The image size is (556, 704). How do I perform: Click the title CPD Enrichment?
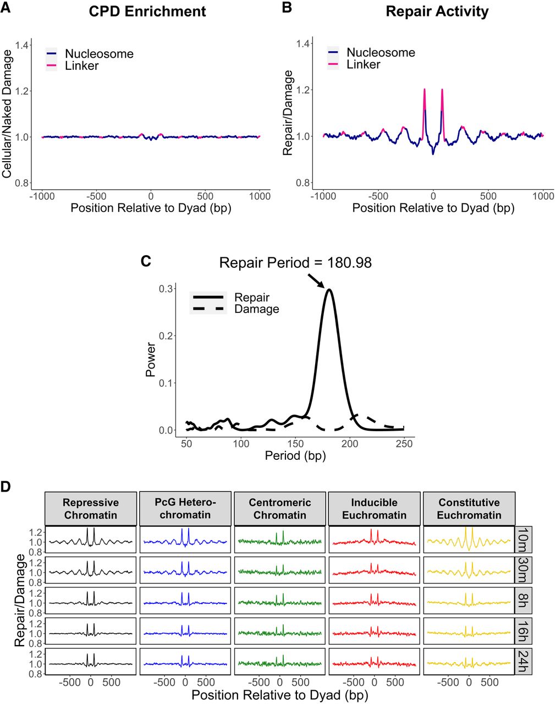point(147,12)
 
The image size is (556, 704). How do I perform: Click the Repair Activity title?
point(437,12)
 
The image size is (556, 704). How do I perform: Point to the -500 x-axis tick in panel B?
point(378,196)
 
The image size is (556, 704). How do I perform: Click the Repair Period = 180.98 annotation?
point(295,263)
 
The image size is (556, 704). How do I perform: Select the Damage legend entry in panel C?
point(256,309)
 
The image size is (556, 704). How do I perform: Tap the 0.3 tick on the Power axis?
point(166,289)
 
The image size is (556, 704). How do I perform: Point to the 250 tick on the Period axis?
point(404,444)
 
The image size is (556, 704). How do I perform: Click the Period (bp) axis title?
point(295,456)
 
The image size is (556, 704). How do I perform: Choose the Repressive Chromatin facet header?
point(91,509)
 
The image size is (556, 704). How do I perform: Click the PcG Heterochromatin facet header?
point(185,509)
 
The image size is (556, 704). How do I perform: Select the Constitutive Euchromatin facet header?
point(469,509)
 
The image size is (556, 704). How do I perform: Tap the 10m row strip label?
point(523,541)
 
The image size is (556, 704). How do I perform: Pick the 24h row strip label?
point(523,664)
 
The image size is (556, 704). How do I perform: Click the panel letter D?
point(6,487)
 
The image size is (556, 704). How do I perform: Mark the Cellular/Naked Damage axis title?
point(8,114)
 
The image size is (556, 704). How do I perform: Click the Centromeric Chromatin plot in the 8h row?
point(280,602)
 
